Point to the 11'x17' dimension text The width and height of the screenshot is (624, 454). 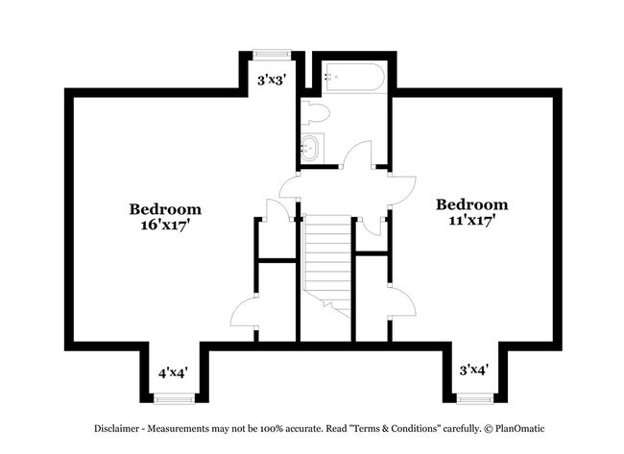pos(471,221)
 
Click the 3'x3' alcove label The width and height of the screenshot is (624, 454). pos(270,80)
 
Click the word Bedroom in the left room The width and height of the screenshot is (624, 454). pos(165,208)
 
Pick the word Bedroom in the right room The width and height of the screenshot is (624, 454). pos(471,204)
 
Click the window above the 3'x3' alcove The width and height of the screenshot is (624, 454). pos(270,55)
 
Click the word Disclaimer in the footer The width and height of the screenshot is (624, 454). pos(119,428)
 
